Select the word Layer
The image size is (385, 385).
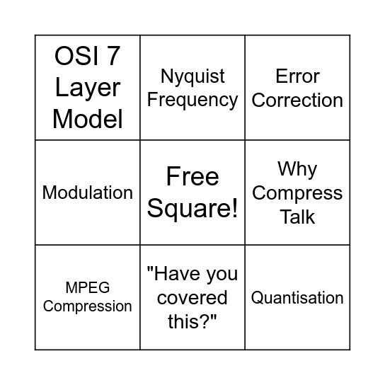pyautogui.click(x=88, y=88)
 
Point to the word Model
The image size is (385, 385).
pyautogui.click(x=88, y=118)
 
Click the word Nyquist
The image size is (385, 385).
pyautogui.click(x=192, y=76)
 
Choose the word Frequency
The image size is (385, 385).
pyautogui.click(x=192, y=100)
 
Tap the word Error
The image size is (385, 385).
pyautogui.click(x=297, y=76)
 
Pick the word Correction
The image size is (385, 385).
pyautogui.click(x=297, y=100)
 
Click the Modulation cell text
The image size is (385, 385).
pyautogui.click(x=88, y=192)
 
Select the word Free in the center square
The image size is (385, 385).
pyautogui.click(x=192, y=176)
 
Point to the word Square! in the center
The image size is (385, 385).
pyautogui.click(x=192, y=208)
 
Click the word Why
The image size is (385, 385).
pyautogui.click(x=297, y=169)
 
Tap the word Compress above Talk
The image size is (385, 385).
pyautogui.click(x=297, y=192)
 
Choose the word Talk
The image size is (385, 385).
pyautogui.click(x=297, y=217)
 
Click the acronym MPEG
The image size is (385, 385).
pyautogui.click(x=88, y=288)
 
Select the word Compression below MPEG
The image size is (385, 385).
pyautogui.click(x=88, y=306)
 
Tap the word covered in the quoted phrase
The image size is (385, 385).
pyautogui.click(x=192, y=298)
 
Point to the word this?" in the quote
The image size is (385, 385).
pyautogui.click(x=192, y=321)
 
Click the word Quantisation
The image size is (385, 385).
pyautogui.click(x=297, y=298)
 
